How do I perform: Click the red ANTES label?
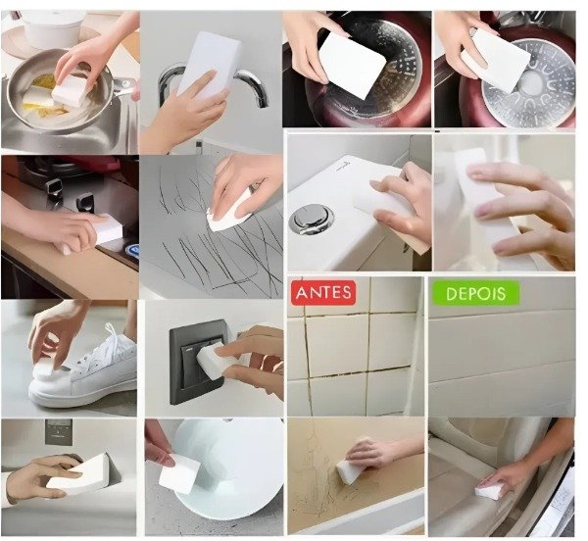pos(323,292)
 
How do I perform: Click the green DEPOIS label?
pos(476,294)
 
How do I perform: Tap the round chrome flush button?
pos(312,219)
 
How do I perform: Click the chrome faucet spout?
pos(254,86)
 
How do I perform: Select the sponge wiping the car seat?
pos(488,488)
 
